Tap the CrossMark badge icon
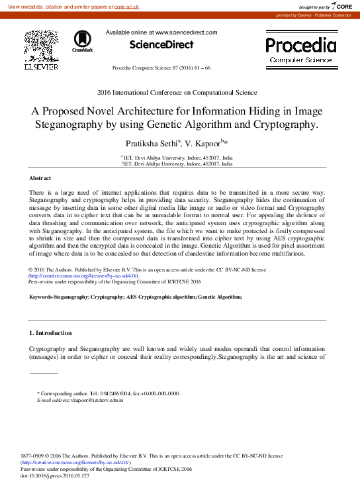(82, 40)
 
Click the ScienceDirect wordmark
(161, 44)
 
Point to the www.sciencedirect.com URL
(185, 32)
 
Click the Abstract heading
(40, 179)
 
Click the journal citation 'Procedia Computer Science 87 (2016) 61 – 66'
(161, 68)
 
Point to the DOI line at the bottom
(55, 475)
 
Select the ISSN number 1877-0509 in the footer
(34, 456)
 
